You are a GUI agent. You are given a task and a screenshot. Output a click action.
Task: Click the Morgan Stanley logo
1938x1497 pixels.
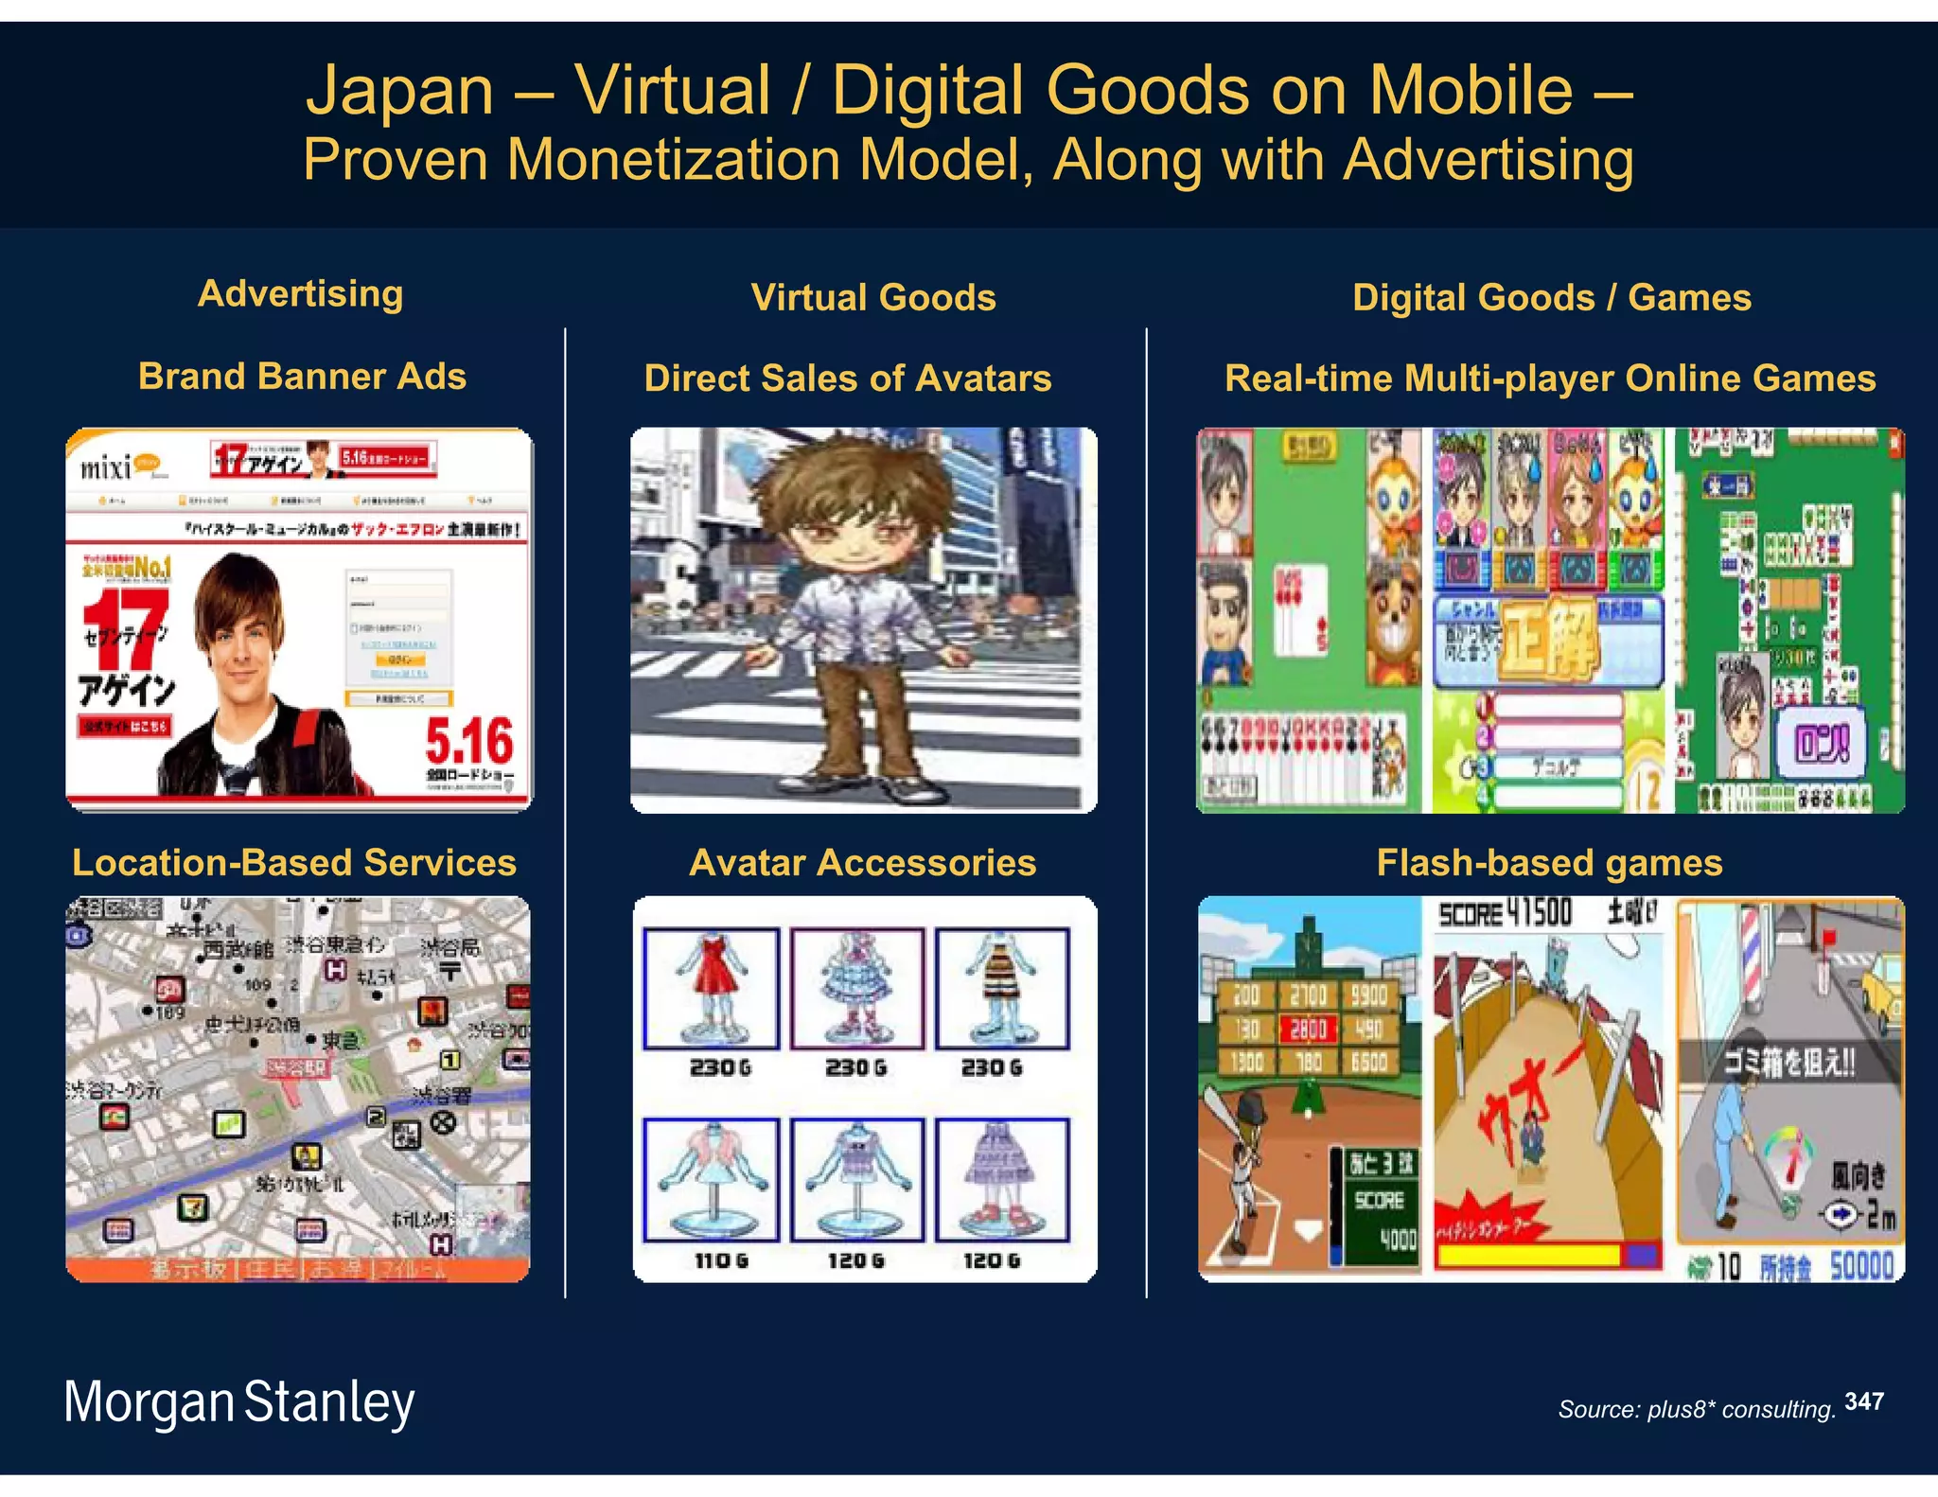point(238,1401)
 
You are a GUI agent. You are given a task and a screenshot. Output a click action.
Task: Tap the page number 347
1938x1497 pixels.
point(1863,1401)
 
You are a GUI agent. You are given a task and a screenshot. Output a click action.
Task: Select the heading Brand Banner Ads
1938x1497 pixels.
point(302,377)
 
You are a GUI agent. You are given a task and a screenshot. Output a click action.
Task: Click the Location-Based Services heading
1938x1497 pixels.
point(294,862)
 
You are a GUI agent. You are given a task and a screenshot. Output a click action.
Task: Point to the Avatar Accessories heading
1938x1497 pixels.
point(862,862)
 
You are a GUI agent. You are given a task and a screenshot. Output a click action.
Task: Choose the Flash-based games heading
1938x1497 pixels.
point(1549,862)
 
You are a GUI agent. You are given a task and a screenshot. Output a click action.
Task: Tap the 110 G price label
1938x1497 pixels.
point(720,1260)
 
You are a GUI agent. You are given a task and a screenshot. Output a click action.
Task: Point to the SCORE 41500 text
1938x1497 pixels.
point(1505,914)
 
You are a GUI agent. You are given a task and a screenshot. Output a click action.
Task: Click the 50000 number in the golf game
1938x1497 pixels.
point(1861,1266)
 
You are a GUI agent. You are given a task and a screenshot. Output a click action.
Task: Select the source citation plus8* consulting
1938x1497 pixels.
point(1697,1409)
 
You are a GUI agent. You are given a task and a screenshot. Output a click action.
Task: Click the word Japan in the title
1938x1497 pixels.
point(399,91)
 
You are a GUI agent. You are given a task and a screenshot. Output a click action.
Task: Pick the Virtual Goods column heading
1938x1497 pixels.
point(872,297)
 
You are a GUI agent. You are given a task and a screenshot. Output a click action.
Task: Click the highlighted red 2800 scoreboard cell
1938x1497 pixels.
point(1309,1029)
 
